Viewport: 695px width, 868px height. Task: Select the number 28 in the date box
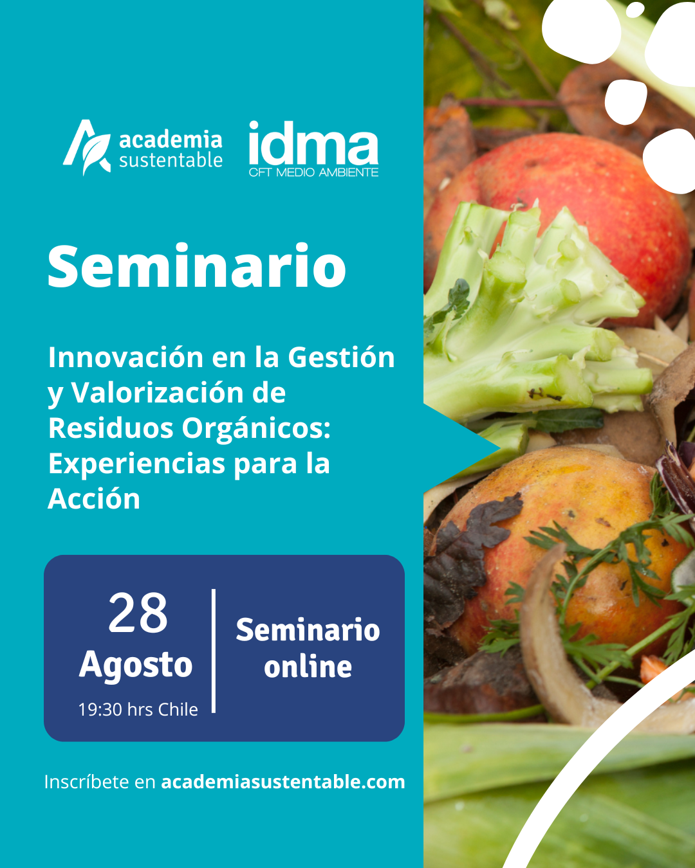(138, 613)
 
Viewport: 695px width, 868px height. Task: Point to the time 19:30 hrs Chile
(138, 709)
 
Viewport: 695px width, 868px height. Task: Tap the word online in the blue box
(308, 667)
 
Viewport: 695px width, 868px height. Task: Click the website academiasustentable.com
(283, 781)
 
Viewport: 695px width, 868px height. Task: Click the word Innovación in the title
(125, 357)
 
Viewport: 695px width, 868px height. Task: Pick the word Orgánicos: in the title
(256, 429)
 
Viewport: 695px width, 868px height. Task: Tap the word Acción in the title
(94, 499)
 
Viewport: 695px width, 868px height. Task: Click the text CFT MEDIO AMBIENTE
(313, 172)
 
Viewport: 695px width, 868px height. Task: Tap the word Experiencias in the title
(136, 464)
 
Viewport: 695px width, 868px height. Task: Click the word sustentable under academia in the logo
(171, 161)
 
